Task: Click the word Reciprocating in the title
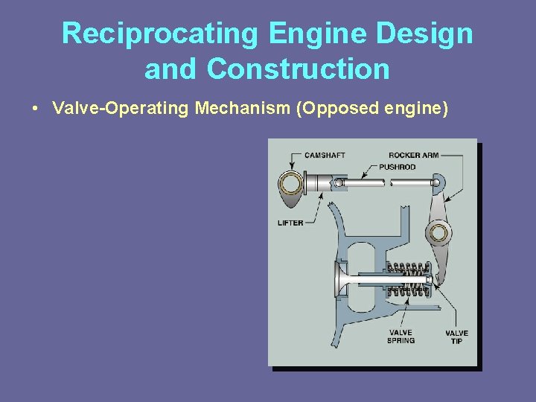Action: pyautogui.click(x=159, y=33)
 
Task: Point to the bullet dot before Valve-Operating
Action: pyautogui.click(x=36, y=109)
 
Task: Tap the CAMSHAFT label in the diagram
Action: pyautogui.click(x=325, y=155)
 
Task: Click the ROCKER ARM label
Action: pyautogui.click(x=413, y=155)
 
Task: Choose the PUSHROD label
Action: pyautogui.click(x=397, y=167)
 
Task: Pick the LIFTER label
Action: pyautogui.click(x=290, y=223)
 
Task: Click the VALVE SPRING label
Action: pyautogui.click(x=401, y=336)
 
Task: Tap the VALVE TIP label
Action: pyautogui.click(x=456, y=336)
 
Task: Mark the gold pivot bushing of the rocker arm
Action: pyautogui.click(x=439, y=234)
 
